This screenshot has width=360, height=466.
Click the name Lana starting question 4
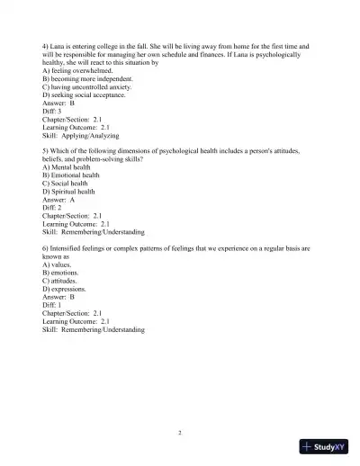coord(61,45)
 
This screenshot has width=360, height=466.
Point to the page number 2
coord(180,433)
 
